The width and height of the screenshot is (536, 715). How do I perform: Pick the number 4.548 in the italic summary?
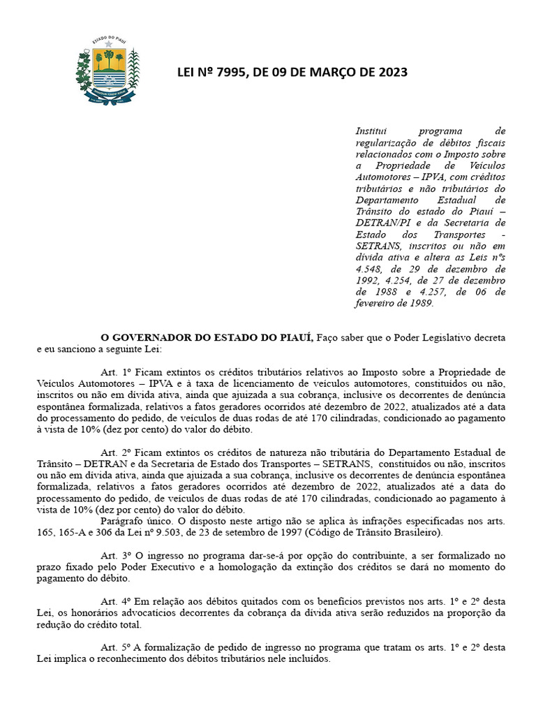pos(371,269)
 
